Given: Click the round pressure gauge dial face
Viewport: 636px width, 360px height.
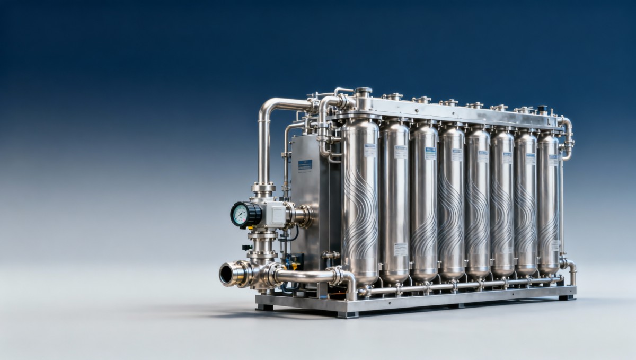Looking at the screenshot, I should pyautogui.click(x=240, y=214).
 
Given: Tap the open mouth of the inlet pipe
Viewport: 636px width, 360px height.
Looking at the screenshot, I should pyautogui.click(x=226, y=274).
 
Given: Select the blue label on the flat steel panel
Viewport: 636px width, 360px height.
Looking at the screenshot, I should pyautogui.click(x=305, y=164).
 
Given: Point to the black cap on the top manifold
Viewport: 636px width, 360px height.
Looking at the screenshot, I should pyautogui.click(x=542, y=109).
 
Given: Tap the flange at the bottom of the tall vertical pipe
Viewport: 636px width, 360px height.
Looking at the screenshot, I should pyautogui.click(x=263, y=188).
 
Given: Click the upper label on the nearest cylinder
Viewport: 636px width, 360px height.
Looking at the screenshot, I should pyautogui.click(x=369, y=150).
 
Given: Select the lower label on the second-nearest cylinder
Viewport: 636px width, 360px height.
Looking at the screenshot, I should pyautogui.click(x=401, y=249).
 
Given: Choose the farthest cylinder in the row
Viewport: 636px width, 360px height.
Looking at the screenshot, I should pyautogui.click(x=548, y=201).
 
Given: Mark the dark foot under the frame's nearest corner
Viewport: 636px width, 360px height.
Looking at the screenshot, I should pyautogui.click(x=340, y=314).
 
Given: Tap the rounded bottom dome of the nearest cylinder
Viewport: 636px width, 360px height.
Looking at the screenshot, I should pyautogui.click(x=360, y=278).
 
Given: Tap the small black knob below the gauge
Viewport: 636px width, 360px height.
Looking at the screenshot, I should pyautogui.click(x=245, y=247).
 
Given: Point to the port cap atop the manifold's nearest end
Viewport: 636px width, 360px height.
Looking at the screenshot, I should pyautogui.click(x=363, y=92).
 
